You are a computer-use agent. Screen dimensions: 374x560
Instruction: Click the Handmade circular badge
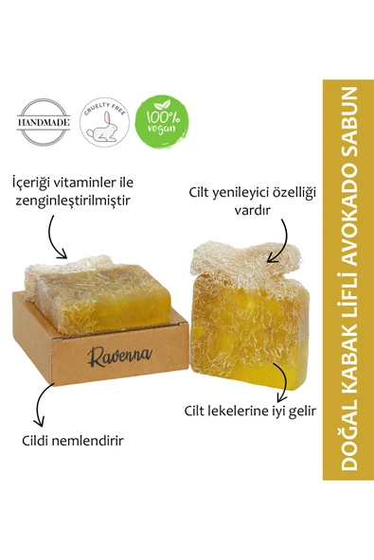[44, 122]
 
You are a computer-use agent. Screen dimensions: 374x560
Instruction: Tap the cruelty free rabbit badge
[104, 122]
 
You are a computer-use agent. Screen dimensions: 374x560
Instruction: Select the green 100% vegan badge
[162, 122]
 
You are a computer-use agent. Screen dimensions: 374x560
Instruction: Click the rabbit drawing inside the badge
[102, 127]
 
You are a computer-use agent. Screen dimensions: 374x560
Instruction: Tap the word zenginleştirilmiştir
[72, 201]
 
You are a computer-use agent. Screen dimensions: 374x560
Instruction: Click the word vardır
[252, 210]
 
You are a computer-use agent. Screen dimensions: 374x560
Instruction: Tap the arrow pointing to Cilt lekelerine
[283, 382]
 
